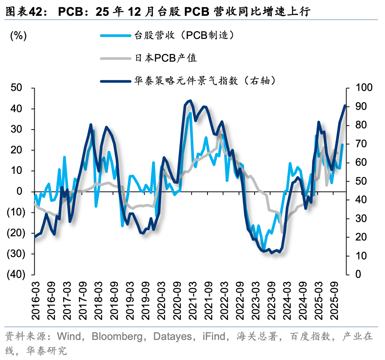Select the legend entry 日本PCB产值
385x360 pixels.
166,58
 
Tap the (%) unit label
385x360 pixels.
18,36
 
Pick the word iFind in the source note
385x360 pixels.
214,336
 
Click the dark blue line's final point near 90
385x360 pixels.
345,106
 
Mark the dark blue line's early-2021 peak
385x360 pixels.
190,101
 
